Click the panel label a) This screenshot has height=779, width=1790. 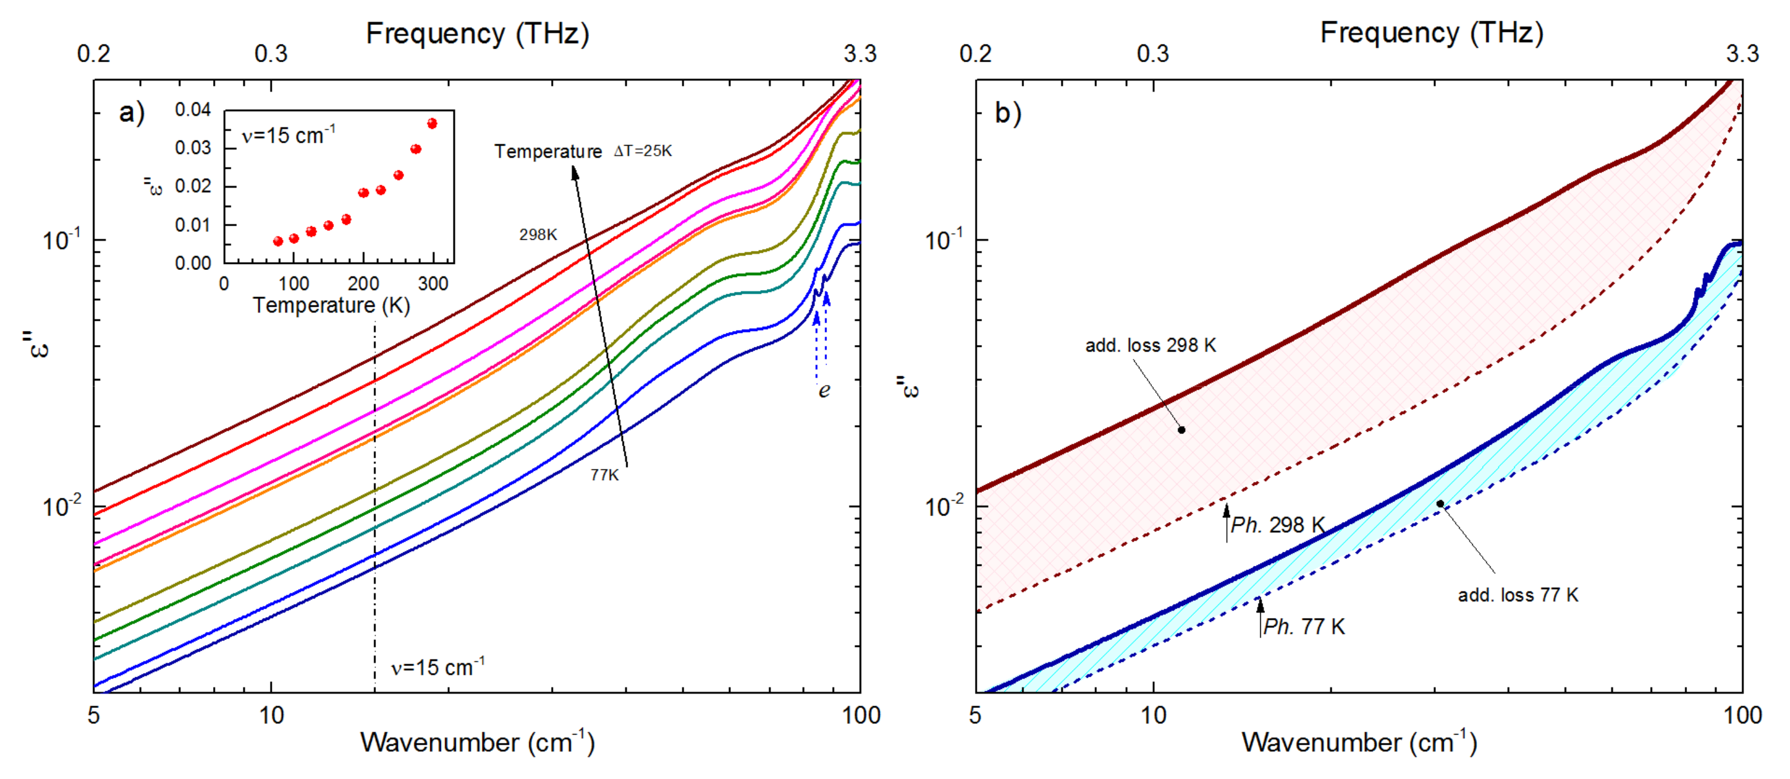tap(131, 112)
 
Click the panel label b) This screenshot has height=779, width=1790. tap(1007, 112)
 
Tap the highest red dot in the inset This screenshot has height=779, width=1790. tap(432, 124)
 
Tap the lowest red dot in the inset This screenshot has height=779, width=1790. tap(278, 241)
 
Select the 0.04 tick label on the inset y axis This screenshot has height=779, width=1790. tap(192, 110)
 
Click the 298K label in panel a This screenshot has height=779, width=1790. tap(538, 235)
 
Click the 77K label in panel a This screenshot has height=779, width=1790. tap(604, 475)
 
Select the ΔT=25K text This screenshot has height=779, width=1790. tap(643, 151)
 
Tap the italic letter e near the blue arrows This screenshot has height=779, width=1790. tap(824, 391)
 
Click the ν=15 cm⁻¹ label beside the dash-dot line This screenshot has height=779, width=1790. tap(437, 667)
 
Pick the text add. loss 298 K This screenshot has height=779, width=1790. tap(1151, 345)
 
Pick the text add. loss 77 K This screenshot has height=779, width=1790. tap(1518, 595)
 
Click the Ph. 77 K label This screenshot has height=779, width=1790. tap(1303, 626)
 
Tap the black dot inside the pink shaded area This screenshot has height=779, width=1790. tap(1181, 430)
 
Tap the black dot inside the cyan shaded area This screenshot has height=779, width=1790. tap(1440, 504)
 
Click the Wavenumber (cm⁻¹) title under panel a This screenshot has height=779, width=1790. tap(477, 742)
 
